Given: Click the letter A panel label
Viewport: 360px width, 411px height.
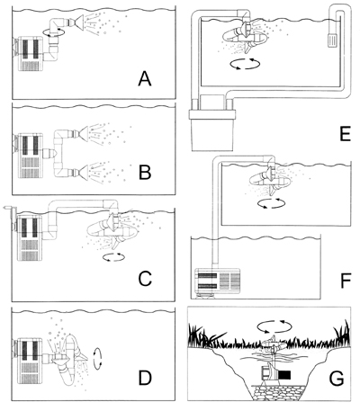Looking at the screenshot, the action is pyautogui.click(x=145, y=79).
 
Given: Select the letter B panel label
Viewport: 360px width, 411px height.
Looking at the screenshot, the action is pyautogui.click(x=145, y=173).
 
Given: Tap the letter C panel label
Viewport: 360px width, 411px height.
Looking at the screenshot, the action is pyautogui.click(x=145, y=279).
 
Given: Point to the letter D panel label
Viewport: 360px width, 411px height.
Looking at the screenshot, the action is pyautogui.click(x=145, y=378).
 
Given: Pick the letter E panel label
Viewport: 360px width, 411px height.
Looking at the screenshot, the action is pyautogui.click(x=345, y=134).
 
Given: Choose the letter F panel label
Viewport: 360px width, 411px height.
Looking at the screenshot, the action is pyautogui.click(x=346, y=281).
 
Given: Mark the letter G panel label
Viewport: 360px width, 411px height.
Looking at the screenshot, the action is pyautogui.click(x=337, y=379).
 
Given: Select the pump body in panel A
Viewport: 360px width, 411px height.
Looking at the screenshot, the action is pyautogui.click(x=31, y=54).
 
